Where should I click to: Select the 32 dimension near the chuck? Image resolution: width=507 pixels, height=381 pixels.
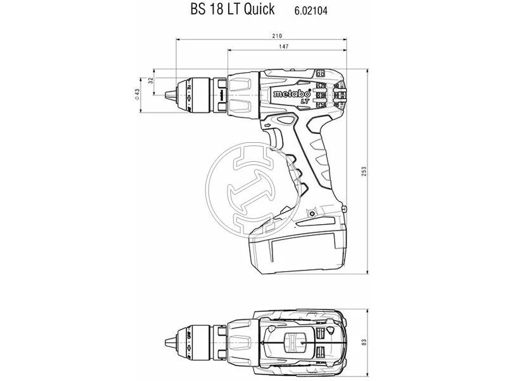[150, 81]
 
